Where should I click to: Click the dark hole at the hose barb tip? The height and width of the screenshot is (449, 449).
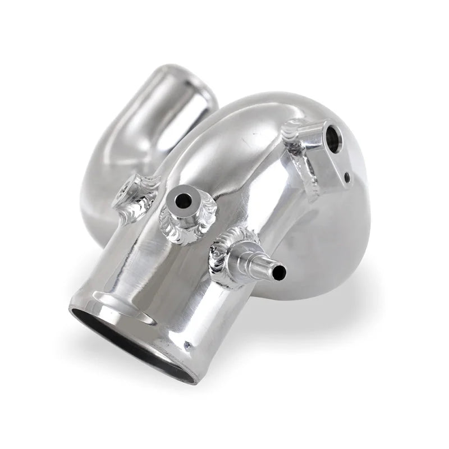(x=279, y=273)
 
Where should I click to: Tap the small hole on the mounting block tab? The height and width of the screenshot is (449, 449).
(x=348, y=178)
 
